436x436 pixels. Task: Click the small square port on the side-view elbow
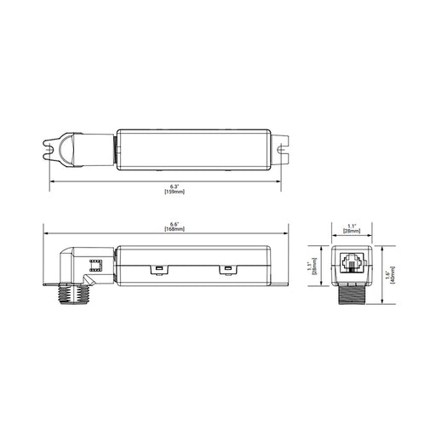(x=95, y=265)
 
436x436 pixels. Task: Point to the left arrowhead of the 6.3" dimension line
(x=49, y=181)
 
